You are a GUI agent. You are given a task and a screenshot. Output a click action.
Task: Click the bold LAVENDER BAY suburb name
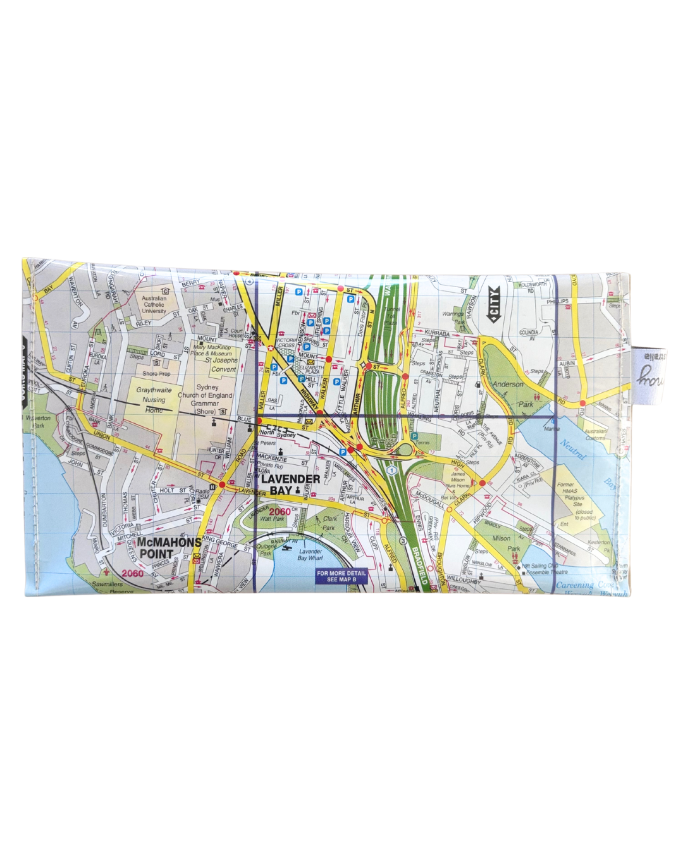(290, 484)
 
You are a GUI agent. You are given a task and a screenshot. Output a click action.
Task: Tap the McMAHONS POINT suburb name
(169, 548)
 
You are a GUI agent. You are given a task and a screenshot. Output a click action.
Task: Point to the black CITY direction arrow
(493, 304)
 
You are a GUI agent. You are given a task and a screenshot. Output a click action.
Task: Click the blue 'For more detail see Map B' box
(341, 576)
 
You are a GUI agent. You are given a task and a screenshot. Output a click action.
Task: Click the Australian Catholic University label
(154, 304)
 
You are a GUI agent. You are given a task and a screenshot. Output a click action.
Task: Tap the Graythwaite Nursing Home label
(154, 400)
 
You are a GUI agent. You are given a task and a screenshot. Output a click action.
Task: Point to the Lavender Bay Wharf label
(311, 555)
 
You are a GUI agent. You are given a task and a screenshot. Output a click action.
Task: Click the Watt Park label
(273, 519)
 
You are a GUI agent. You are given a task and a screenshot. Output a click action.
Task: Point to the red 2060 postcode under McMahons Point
(133, 573)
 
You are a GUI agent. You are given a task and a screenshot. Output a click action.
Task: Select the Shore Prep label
(156, 374)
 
